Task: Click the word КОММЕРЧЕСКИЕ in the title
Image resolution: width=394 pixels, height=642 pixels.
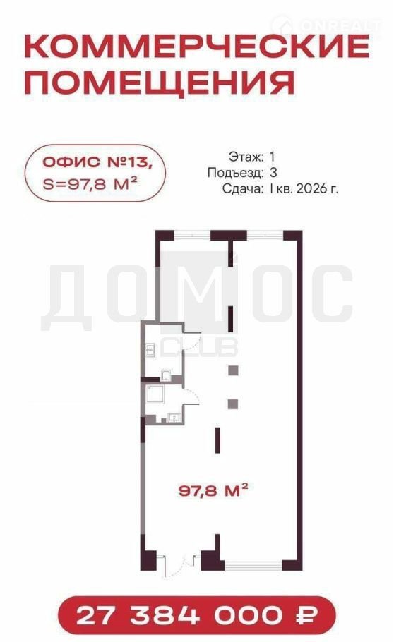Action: click(197, 47)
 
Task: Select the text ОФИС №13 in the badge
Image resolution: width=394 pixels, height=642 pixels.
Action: click(97, 162)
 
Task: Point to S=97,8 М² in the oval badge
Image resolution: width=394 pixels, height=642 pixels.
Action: click(90, 184)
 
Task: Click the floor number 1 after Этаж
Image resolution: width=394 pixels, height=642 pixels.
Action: click(273, 157)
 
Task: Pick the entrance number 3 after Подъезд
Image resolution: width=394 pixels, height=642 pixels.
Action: click(273, 172)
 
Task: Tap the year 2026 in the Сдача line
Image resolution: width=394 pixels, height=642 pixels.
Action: click(311, 189)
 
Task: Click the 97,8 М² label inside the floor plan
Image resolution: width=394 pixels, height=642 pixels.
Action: click(213, 490)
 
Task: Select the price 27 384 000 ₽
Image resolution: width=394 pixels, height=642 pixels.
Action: click(197, 615)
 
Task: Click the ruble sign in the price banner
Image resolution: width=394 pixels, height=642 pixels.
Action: click(306, 615)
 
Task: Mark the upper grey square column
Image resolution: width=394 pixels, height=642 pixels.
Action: click(233, 370)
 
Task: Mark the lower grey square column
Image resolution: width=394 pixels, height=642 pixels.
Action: click(233, 404)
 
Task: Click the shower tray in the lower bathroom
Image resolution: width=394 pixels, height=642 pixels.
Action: click(156, 394)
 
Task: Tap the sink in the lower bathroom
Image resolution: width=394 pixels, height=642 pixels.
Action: click(174, 418)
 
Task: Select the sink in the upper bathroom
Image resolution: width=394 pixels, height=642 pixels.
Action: click(150, 350)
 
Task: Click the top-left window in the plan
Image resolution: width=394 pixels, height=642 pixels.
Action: click(192, 236)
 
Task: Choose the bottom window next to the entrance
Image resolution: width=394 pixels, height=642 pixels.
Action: click(253, 567)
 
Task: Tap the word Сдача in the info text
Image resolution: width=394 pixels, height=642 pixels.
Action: click(242, 189)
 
